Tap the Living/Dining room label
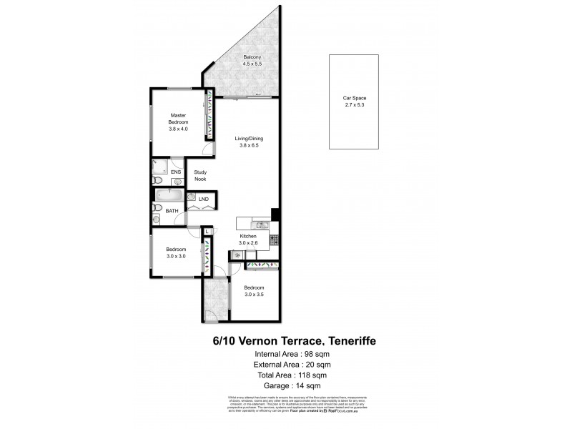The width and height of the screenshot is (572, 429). point(248,142)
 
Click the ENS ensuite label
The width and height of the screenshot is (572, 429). point(176,172)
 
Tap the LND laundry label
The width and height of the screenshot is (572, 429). point(203,199)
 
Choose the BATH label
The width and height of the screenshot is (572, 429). point(172,211)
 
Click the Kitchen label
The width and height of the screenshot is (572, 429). point(248,240)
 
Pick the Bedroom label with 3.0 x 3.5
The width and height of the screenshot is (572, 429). point(255,291)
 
